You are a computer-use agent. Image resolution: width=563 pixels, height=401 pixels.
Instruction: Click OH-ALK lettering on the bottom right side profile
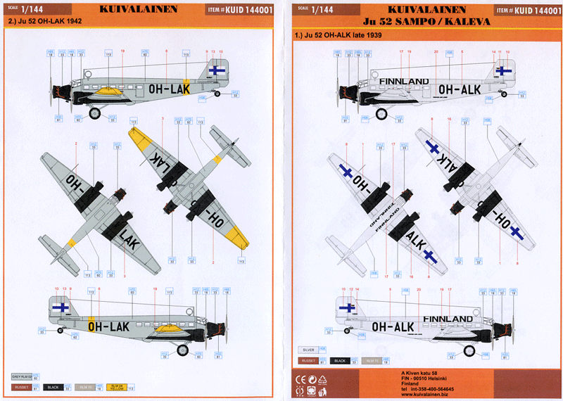coord(392,327)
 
